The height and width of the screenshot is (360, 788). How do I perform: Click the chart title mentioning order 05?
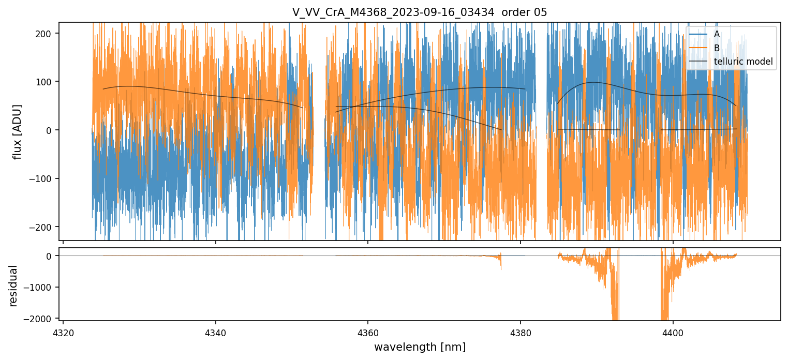(x=420, y=12)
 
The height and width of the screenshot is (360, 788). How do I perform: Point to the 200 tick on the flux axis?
(x=44, y=33)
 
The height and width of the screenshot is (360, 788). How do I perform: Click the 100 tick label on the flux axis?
(x=44, y=82)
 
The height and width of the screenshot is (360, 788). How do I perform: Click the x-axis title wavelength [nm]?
(x=420, y=347)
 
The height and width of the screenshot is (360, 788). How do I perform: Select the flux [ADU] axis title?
(x=17, y=131)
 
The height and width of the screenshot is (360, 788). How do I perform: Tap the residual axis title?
(x=13, y=286)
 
